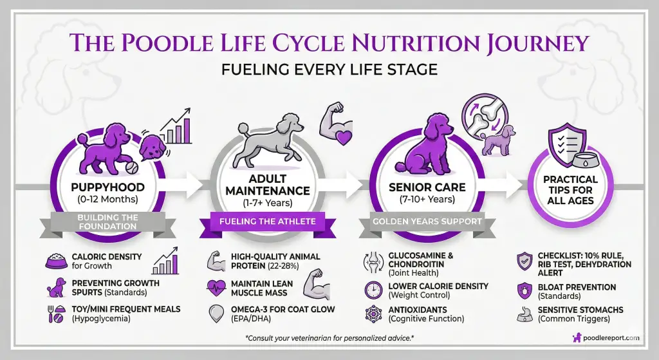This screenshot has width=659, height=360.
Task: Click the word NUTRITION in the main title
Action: pos(414,43)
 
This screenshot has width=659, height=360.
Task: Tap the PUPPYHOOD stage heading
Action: pos(107,187)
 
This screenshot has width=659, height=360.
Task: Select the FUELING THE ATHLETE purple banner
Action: pos(267,222)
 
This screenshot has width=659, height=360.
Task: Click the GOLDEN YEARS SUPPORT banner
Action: pos(427,221)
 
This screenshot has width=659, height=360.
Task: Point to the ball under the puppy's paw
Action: pos(132,168)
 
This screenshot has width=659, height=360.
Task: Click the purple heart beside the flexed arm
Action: pos(343,136)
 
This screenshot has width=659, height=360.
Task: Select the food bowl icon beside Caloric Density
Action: pos(57,261)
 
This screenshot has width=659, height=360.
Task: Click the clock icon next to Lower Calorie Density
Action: pos(373,290)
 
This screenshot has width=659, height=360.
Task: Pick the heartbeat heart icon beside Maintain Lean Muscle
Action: pos(217,288)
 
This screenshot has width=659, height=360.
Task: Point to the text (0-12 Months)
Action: pos(107,200)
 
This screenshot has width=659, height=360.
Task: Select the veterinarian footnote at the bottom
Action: pos(329,337)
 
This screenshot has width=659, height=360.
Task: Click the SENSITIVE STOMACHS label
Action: pos(580,310)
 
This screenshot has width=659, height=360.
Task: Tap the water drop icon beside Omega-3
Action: pos(216,314)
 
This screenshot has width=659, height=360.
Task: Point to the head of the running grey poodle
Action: pos(291,122)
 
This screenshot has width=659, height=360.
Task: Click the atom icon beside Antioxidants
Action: pos(373,314)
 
